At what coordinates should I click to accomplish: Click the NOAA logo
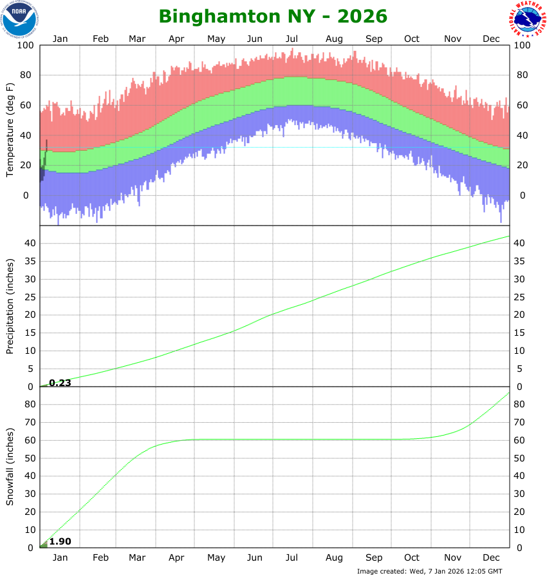tap(19, 19)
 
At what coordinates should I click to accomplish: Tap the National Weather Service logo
tap(529, 19)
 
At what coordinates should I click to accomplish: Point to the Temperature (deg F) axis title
tap(10, 130)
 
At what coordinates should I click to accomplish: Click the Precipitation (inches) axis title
tap(10, 305)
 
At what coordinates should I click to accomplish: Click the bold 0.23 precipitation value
tap(60, 382)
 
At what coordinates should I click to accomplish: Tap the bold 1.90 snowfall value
tap(60, 541)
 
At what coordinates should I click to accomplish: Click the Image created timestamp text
tap(429, 571)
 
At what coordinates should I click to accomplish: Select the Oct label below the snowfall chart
tap(412, 557)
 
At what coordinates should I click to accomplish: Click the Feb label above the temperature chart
tap(100, 39)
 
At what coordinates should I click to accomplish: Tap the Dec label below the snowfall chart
tap(491, 557)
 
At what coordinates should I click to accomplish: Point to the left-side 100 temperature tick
tap(26, 45)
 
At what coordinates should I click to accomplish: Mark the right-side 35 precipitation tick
tap(521, 261)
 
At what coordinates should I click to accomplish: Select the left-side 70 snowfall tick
tap(28, 423)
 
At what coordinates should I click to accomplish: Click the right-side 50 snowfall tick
tap(521, 458)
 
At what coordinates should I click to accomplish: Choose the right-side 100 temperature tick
tap(523, 45)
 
